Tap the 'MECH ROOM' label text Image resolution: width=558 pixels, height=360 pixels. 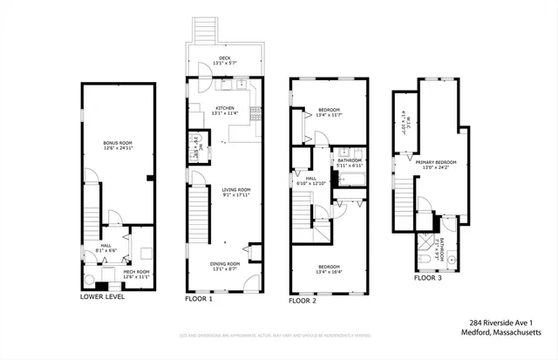(138, 272)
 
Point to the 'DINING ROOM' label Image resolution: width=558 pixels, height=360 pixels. (225, 265)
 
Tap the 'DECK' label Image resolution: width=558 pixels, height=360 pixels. (225, 58)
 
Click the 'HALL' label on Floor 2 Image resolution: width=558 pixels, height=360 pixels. (311, 180)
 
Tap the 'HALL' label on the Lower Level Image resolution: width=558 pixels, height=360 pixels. (105, 247)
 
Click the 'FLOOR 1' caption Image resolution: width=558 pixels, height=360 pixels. (198, 299)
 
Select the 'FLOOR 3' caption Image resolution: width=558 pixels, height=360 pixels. (428, 278)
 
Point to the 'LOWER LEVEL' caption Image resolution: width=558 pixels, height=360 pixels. (102, 297)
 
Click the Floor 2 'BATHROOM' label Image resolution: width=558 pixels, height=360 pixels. (350, 160)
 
